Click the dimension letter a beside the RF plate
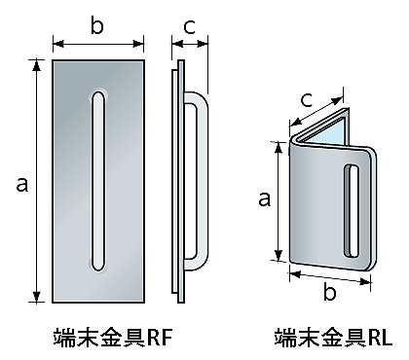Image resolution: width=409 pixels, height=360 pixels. click(x=22, y=185)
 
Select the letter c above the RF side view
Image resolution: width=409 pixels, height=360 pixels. click(x=189, y=27)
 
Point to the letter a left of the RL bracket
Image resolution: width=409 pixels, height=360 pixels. click(x=264, y=198)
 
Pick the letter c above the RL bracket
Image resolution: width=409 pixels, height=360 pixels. click(x=307, y=100)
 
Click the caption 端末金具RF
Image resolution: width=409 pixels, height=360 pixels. click(x=112, y=338)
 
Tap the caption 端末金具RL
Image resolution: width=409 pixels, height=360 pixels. click(x=333, y=338)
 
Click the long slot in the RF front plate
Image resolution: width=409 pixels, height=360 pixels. click(x=98, y=181)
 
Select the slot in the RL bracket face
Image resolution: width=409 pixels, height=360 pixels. click(x=352, y=211)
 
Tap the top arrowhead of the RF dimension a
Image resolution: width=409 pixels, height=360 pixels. click(x=37, y=65)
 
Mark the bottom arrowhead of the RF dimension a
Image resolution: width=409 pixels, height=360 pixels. click(x=37, y=297)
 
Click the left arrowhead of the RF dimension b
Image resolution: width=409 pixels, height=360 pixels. click(x=58, y=44)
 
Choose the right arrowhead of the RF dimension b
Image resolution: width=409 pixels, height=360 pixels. click(x=138, y=44)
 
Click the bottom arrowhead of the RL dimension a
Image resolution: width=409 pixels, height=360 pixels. click(x=279, y=255)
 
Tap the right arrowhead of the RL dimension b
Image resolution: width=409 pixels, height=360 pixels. click(x=366, y=281)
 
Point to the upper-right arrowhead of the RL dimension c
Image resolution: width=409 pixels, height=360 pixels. click(x=338, y=100)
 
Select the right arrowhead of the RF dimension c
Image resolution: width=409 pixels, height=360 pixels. click(x=203, y=44)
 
